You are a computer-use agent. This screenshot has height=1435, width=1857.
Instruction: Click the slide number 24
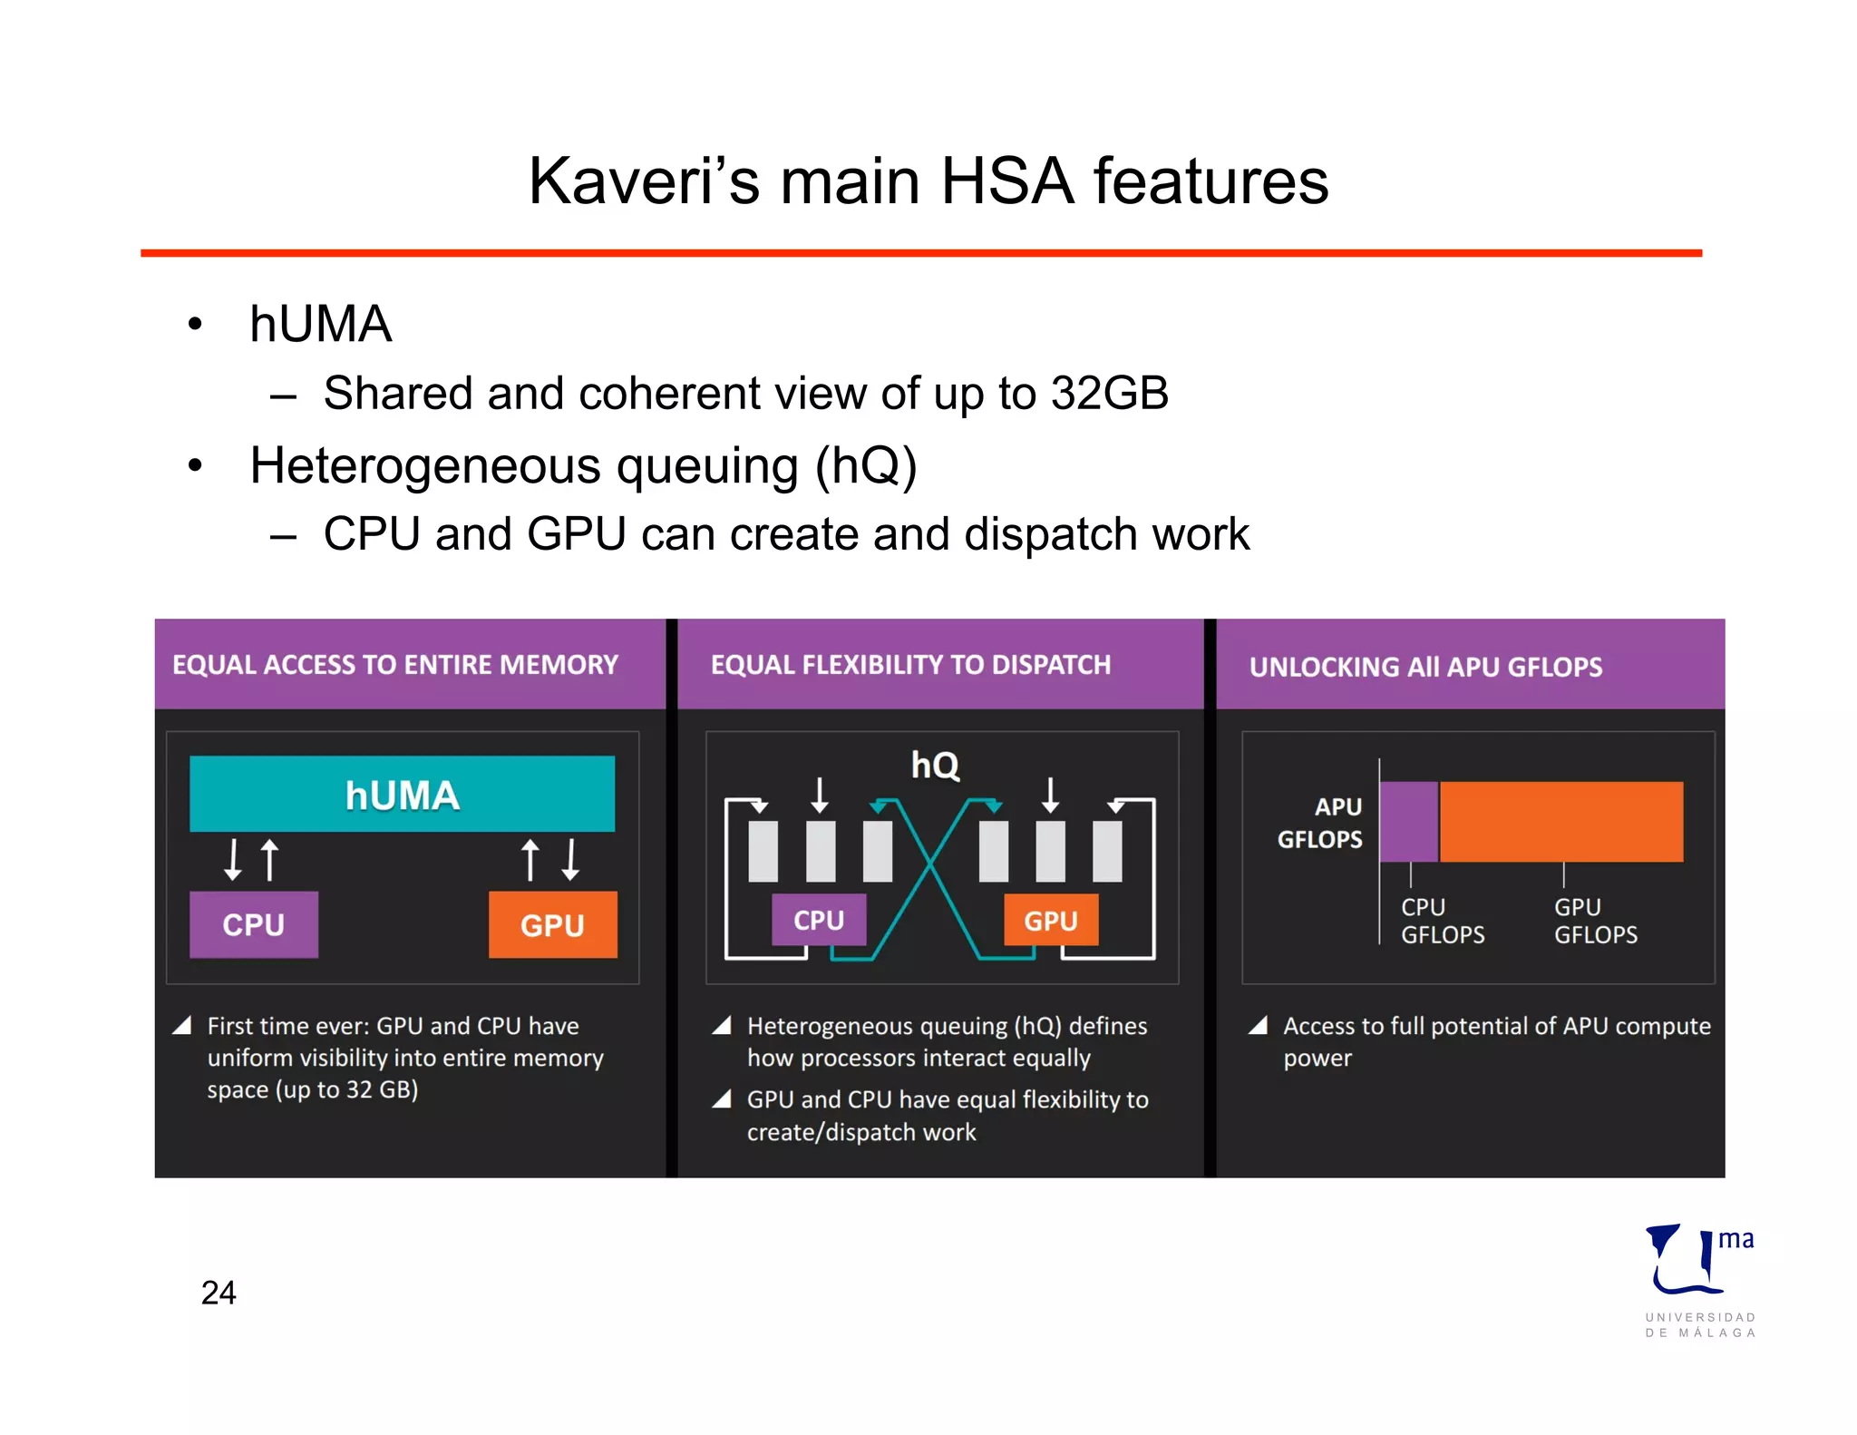click(x=219, y=1293)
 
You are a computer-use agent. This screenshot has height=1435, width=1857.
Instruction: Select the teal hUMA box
click(x=402, y=794)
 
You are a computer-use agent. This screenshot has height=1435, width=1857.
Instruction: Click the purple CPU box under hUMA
click(x=254, y=924)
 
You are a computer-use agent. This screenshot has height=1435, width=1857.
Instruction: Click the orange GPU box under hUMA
click(x=552, y=924)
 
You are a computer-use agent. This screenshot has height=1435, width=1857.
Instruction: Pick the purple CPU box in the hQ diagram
click(x=819, y=920)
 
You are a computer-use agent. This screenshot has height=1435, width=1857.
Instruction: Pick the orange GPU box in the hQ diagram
click(x=1050, y=920)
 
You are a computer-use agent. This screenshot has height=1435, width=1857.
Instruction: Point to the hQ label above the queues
click(x=935, y=765)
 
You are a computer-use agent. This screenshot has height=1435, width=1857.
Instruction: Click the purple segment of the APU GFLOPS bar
click(x=1408, y=821)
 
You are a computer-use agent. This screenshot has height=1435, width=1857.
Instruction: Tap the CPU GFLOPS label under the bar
click(x=1442, y=921)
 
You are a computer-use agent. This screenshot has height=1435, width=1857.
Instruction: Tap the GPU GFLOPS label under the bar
click(x=1595, y=921)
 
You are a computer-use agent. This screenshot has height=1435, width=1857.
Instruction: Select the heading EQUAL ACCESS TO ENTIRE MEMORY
click(x=395, y=665)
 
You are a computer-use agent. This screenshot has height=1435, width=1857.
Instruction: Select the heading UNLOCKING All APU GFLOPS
click(x=1425, y=667)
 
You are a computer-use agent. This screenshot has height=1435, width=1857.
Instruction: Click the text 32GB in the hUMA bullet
click(x=1109, y=394)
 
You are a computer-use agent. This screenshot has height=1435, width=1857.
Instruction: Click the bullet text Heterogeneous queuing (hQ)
click(x=583, y=466)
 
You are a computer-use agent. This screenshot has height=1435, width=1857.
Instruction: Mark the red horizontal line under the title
click(x=920, y=253)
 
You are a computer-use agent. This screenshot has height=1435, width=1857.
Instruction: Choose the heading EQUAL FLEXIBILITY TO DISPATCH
click(x=910, y=665)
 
